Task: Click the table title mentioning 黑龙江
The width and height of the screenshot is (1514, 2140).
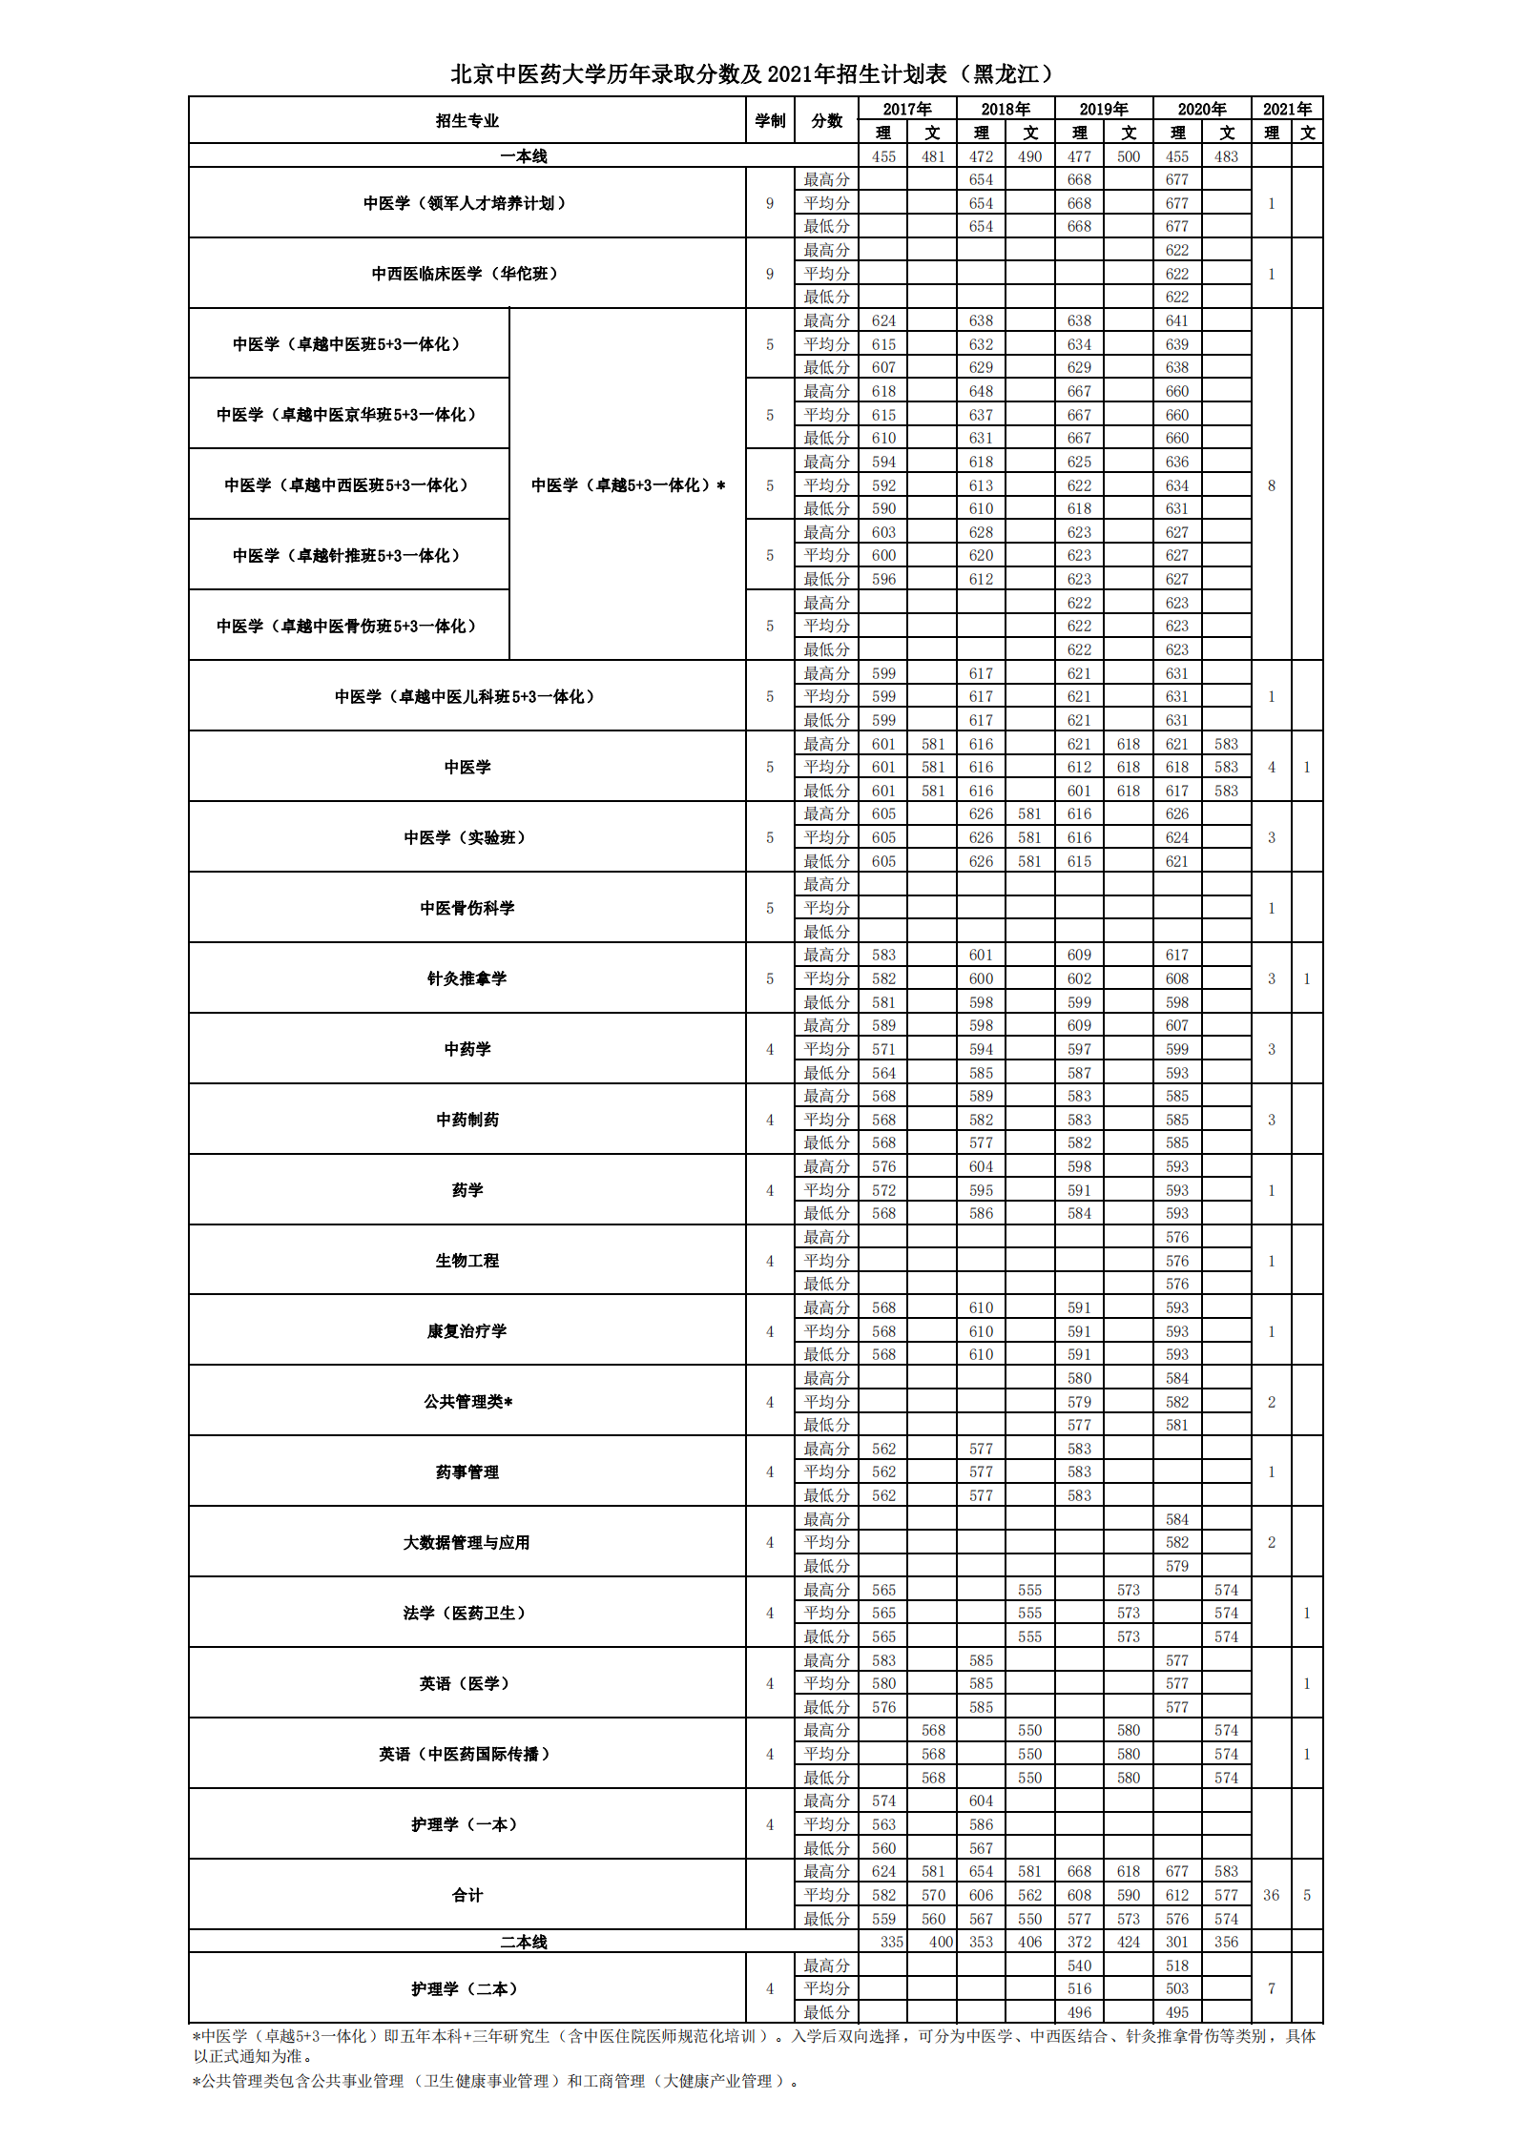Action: pyautogui.click(x=754, y=73)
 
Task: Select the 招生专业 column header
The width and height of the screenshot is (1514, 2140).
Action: pyautogui.click(x=467, y=121)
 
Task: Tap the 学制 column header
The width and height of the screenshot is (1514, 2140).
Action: pyautogui.click(x=770, y=121)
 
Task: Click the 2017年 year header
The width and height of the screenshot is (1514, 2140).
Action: pyautogui.click(x=906, y=109)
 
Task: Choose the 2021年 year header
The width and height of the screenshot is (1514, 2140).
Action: pyautogui.click(x=1287, y=109)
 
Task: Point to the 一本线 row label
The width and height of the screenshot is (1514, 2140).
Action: pyautogui.click(x=523, y=156)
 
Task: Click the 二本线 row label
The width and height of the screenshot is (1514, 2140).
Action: pyautogui.click(x=523, y=1942)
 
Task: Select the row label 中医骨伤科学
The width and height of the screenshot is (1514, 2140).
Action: pyautogui.click(x=467, y=908)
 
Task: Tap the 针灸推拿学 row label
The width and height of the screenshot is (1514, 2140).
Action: pyautogui.click(x=467, y=978)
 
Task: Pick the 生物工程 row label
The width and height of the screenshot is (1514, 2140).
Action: pyautogui.click(x=467, y=1261)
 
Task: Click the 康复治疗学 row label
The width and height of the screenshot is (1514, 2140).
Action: pyautogui.click(x=467, y=1331)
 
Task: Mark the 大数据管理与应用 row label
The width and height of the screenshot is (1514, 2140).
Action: pyautogui.click(x=467, y=1542)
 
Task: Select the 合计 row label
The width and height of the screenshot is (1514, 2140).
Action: pyautogui.click(x=467, y=1895)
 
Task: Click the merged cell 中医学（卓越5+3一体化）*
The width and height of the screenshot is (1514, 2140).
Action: pyautogui.click(x=628, y=485)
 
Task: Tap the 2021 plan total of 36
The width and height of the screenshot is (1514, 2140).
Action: pyautogui.click(x=1271, y=1895)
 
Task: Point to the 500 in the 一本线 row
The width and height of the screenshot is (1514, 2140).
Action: pyautogui.click(x=1129, y=156)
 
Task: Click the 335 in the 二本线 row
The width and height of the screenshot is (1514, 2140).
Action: pyautogui.click(x=891, y=1942)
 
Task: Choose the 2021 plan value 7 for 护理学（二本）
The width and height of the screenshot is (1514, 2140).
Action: pyautogui.click(x=1271, y=1988)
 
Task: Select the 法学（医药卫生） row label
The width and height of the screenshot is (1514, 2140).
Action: pyautogui.click(x=467, y=1613)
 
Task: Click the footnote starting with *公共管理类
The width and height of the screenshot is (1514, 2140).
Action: pyautogui.click(x=496, y=2081)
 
